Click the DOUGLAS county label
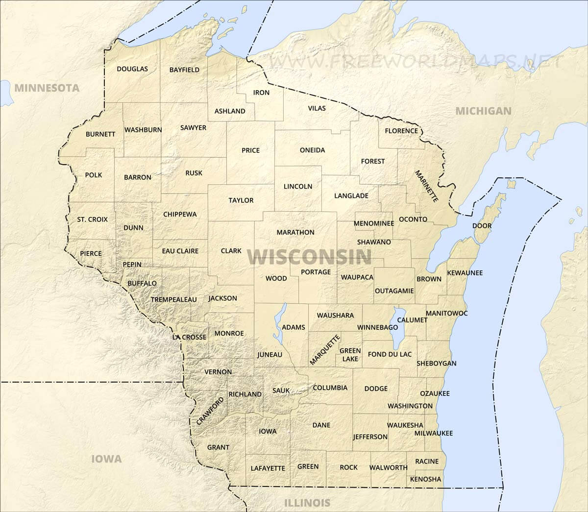tap(132, 69)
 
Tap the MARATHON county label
tap(295, 232)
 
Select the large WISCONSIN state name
tap(310, 257)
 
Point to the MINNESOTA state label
tap(47, 88)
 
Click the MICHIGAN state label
tap(483, 111)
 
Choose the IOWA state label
tap(106, 459)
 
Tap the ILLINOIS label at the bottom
tap(307, 502)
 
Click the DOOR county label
tap(482, 225)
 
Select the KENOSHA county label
tap(425, 479)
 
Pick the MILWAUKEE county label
tap(433, 433)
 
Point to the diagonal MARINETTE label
tap(426, 187)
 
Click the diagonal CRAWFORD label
tap(210, 411)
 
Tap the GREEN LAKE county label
tap(350, 355)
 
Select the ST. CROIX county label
tap(92, 219)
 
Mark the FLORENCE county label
tap(401, 131)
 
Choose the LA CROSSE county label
tap(189, 337)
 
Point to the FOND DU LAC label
tap(390, 354)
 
